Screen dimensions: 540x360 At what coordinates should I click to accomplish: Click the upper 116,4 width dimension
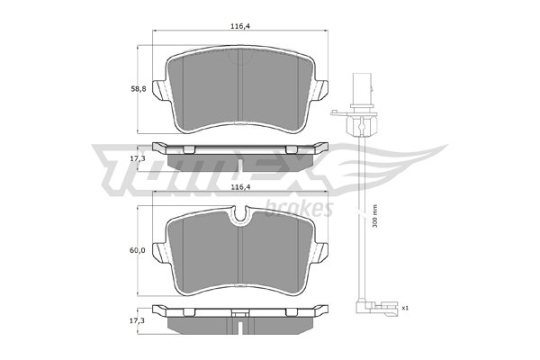pos(240,26)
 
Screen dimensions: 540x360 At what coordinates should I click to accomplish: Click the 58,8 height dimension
pos(139,89)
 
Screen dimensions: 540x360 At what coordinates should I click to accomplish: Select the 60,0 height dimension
pos(138,250)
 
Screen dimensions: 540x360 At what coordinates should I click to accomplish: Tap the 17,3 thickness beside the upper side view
pos(137,159)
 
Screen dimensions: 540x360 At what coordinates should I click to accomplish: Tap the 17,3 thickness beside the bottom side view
pos(137,320)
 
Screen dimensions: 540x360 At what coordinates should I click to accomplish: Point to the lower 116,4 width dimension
pos(240,187)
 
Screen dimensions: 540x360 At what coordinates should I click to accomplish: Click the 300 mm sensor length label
pos(375,216)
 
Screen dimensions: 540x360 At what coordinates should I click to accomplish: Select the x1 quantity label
pos(405,308)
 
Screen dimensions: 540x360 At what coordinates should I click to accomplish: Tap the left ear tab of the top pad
pos(159,91)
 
